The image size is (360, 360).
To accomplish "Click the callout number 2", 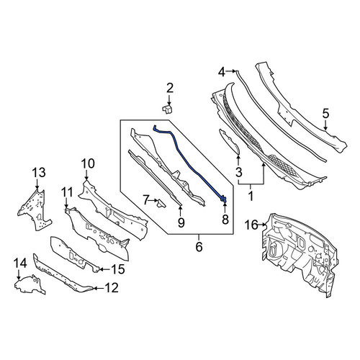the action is click(x=170, y=88).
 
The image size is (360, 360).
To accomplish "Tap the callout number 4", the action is click(x=222, y=72).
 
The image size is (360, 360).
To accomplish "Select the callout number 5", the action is click(x=325, y=114).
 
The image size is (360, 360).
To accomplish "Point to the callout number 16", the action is click(x=251, y=225).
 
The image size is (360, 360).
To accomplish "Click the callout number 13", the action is click(x=39, y=173).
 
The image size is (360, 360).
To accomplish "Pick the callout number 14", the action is click(x=20, y=264).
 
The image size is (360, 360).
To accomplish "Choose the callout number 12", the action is click(x=112, y=288).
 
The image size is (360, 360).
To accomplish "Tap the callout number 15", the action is click(x=118, y=269).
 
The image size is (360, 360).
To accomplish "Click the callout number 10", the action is click(x=88, y=163).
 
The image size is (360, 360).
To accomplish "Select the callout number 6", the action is click(x=199, y=247).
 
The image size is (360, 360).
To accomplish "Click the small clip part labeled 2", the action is click(x=168, y=109).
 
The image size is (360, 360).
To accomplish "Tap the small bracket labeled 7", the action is click(x=161, y=204).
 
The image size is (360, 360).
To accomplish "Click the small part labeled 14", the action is click(x=30, y=285).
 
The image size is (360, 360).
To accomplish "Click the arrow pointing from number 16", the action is click(x=263, y=225).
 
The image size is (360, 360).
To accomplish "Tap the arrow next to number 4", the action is click(x=231, y=71).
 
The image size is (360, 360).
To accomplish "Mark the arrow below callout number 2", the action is click(x=170, y=99).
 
